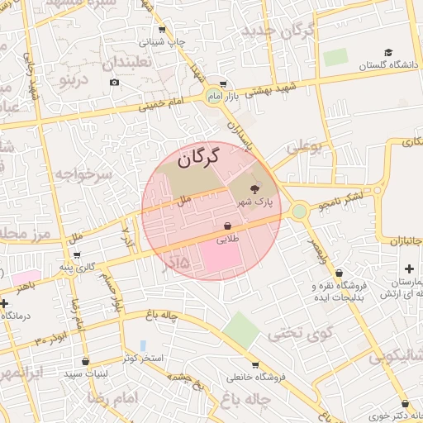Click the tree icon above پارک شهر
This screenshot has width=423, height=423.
(x=254, y=189)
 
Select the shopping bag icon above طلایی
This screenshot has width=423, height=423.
(x=227, y=226)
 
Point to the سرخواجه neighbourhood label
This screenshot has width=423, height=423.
(x=82, y=173)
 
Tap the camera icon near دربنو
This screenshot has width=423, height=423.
(x=114, y=81)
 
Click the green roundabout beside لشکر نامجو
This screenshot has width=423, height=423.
(x=299, y=211)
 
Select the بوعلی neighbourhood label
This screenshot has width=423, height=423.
(x=304, y=147)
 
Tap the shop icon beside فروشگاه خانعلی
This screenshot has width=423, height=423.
(x=254, y=364)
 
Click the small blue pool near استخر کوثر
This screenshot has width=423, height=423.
(x=143, y=345)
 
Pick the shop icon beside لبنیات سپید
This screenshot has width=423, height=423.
(x=87, y=361)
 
